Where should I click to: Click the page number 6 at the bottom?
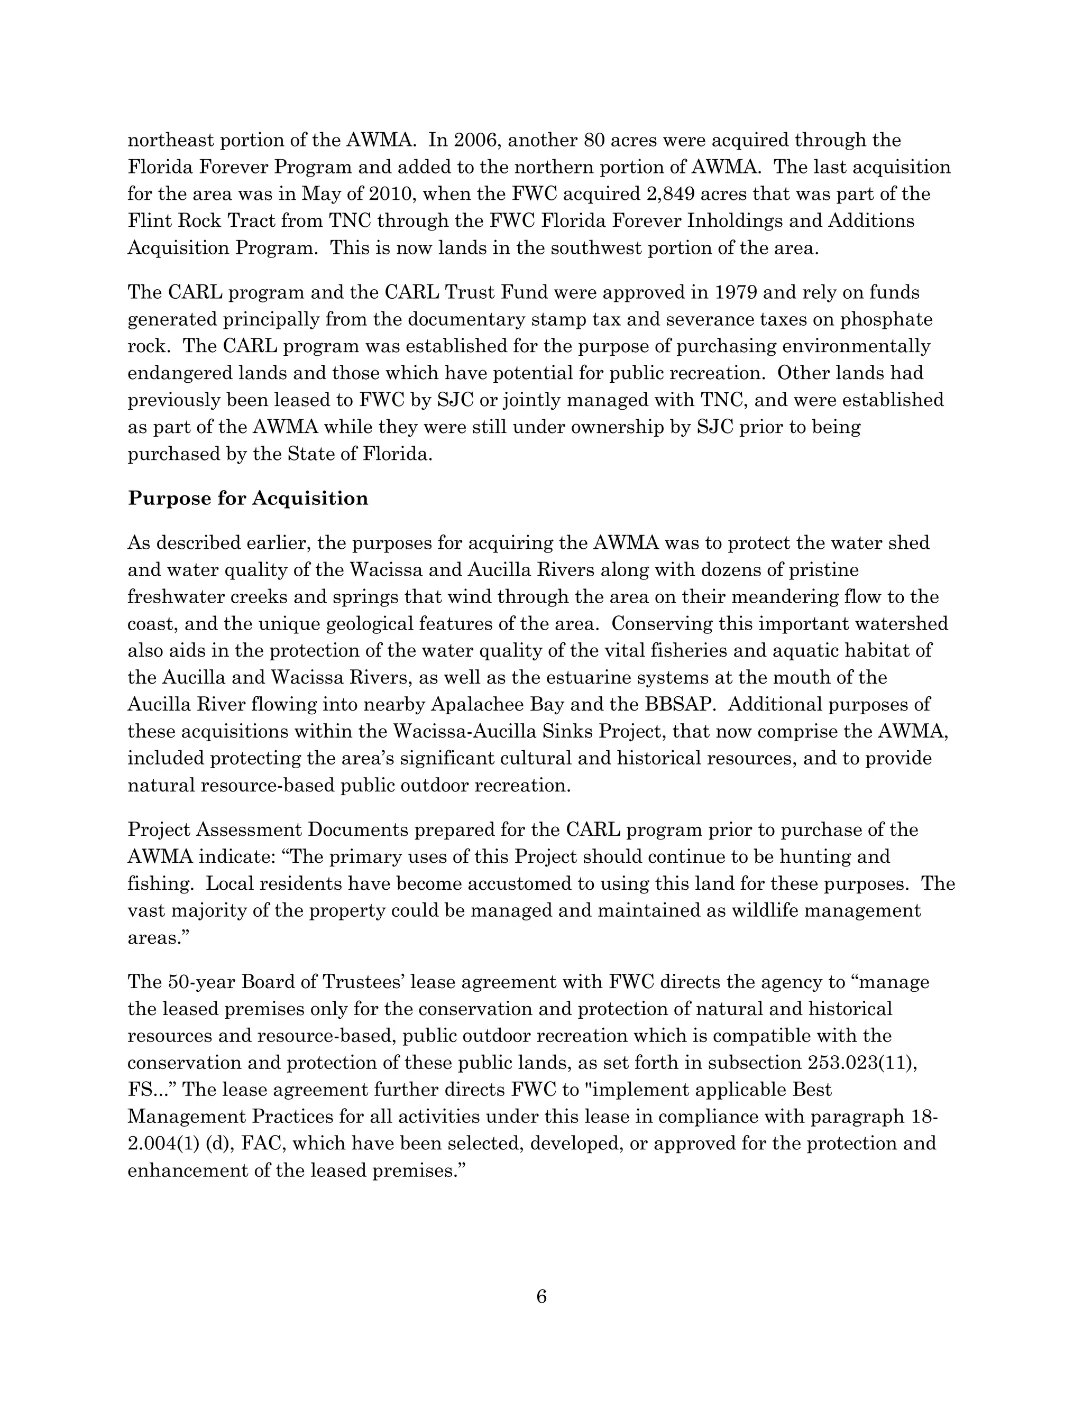coord(541,1296)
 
